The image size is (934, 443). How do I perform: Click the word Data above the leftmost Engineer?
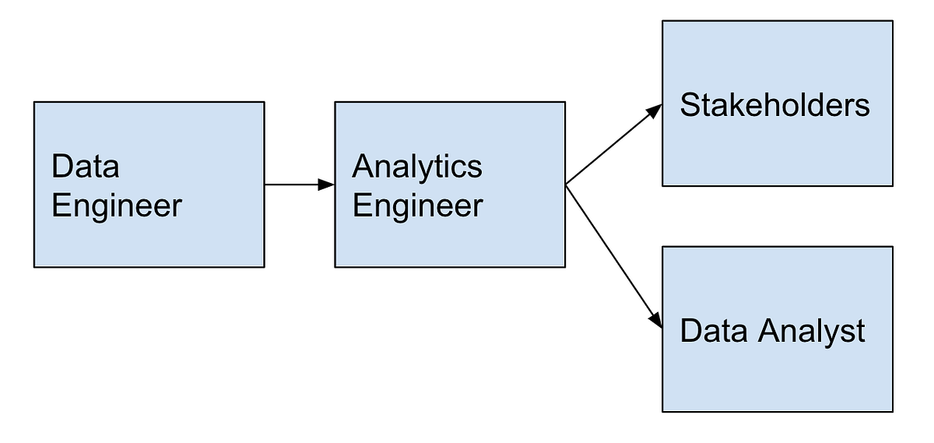click(x=86, y=167)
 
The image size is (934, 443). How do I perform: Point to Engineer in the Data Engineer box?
click(x=117, y=206)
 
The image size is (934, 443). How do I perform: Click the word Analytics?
click(x=417, y=167)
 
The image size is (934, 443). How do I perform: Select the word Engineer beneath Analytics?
click(x=417, y=206)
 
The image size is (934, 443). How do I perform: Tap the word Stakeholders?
click(x=774, y=105)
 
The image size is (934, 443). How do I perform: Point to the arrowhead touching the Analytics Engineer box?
click(x=327, y=185)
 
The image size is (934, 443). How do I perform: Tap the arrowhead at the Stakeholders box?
click(x=655, y=110)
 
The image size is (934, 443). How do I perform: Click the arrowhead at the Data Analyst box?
click(x=656, y=320)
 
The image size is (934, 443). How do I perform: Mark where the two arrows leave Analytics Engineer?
click(x=567, y=185)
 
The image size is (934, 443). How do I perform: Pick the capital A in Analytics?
click(x=363, y=166)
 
